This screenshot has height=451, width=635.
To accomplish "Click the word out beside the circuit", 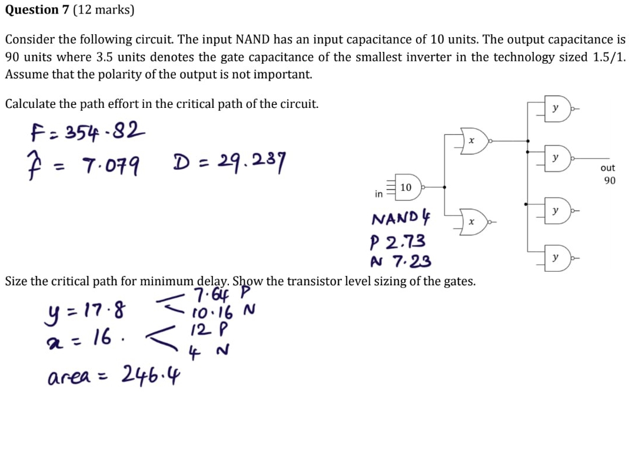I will [x=609, y=167].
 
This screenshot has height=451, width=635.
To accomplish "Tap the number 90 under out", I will [x=609, y=180].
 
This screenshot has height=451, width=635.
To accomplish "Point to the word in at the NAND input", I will [x=379, y=193].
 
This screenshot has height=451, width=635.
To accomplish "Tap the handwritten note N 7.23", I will [x=400, y=260].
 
